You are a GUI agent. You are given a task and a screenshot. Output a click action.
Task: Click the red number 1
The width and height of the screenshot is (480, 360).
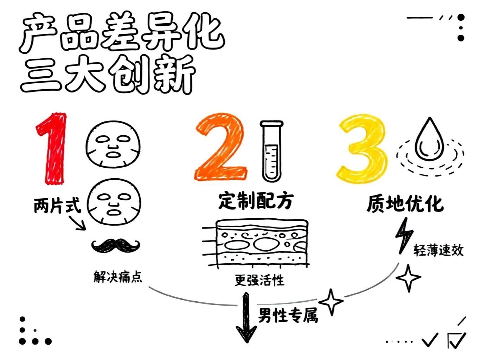(x=52, y=148)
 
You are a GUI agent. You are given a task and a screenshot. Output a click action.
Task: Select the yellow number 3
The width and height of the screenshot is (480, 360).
(x=362, y=149)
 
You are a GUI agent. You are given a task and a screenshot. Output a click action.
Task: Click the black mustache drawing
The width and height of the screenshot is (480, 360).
(x=116, y=246)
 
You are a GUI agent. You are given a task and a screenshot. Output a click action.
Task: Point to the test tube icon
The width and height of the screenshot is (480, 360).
(x=271, y=151)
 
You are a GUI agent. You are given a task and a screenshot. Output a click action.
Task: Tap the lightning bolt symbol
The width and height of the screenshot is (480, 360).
(x=404, y=235)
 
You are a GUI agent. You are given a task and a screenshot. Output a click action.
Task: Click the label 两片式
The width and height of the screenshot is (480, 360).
(x=57, y=205)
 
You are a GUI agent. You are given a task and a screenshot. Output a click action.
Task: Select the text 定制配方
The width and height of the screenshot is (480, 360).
(x=255, y=201)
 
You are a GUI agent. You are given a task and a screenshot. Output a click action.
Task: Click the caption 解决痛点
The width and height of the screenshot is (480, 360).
(x=118, y=277)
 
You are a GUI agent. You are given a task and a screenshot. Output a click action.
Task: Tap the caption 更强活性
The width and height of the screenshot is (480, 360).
(x=260, y=280)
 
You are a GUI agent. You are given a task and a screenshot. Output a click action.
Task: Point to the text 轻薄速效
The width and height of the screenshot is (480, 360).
(x=438, y=250)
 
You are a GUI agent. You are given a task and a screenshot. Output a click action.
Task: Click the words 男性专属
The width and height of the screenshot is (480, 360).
(x=288, y=315)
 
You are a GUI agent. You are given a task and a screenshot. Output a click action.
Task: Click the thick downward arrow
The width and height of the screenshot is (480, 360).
(x=246, y=317)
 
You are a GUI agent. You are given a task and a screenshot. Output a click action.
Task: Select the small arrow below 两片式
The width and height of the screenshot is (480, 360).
(x=78, y=223)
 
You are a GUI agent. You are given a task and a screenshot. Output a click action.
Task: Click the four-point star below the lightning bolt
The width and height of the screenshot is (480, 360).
(x=409, y=278)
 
